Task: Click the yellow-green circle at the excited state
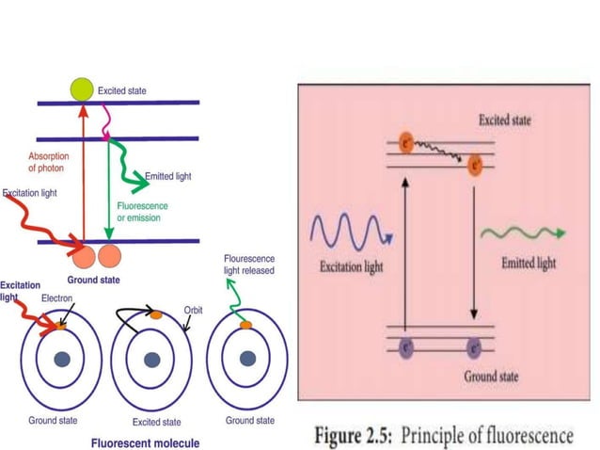tap(82, 90)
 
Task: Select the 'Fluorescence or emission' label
tap(138, 212)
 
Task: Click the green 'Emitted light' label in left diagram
tap(169, 177)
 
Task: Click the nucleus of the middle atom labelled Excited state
tap(151, 359)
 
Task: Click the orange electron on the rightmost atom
tap(246, 325)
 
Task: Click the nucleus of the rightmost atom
tap(246, 359)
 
